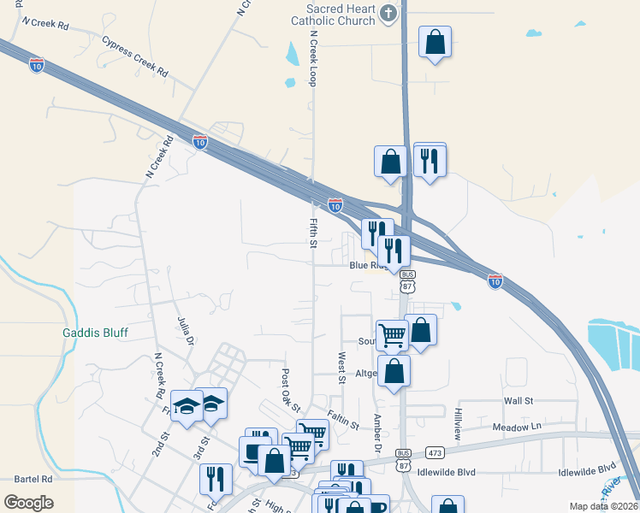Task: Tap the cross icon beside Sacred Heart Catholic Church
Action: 388,13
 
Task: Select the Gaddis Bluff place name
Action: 94,332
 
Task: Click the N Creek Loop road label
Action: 313,60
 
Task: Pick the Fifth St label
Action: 313,233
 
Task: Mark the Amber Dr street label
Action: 376,433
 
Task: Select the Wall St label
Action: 519,400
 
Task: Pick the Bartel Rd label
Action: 33,480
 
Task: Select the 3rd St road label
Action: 201,449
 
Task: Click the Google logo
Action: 28,503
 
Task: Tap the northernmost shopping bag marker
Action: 435,41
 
